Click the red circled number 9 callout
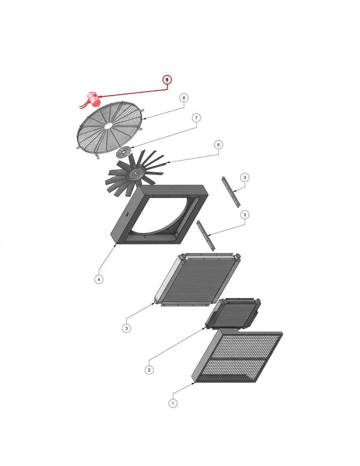click(167, 80)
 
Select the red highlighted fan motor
click(94, 99)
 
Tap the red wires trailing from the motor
click(84, 105)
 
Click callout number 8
click(184, 98)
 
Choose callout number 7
click(196, 118)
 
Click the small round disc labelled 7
click(124, 152)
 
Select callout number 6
click(219, 145)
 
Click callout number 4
click(99, 279)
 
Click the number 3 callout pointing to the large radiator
click(126, 328)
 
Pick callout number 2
click(149, 370)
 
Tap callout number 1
click(173, 403)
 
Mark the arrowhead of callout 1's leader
click(193, 383)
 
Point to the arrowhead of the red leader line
click(99, 96)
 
